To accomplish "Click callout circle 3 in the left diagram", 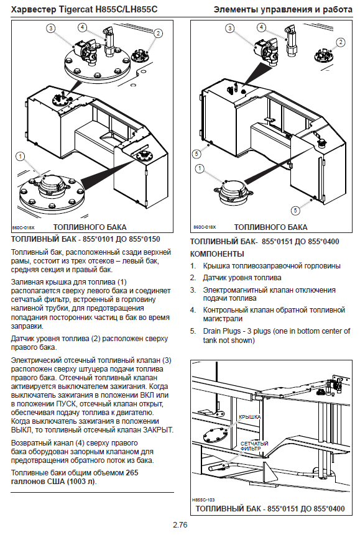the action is pyautogui.click(x=51, y=28).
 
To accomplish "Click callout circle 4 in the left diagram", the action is pyautogui.click(x=82, y=27).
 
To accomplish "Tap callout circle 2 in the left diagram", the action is pyautogui.click(x=158, y=33).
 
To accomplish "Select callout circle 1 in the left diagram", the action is pyautogui.click(x=21, y=157).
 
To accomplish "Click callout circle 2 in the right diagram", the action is pyautogui.click(x=341, y=42).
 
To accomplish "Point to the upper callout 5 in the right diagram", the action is pyautogui.click(x=196, y=154).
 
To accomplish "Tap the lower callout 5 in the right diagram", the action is pyautogui.click(x=296, y=210).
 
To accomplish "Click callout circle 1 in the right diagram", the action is pyautogui.click(x=200, y=168).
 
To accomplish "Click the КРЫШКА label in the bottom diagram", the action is pyautogui.click(x=250, y=417).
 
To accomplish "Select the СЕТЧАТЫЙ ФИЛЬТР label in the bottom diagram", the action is pyautogui.click(x=254, y=446).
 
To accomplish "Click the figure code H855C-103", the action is pyautogui.click(x=203, y=500).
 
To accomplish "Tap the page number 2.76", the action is pyautogui.click(x=180, y=525).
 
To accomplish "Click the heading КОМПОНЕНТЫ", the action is pyautogui.click(x=217, y=254).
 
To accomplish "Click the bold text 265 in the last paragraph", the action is pyautogui.click(x=132, y=473).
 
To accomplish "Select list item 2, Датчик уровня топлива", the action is pyautogui.click(x=242, y=278).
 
